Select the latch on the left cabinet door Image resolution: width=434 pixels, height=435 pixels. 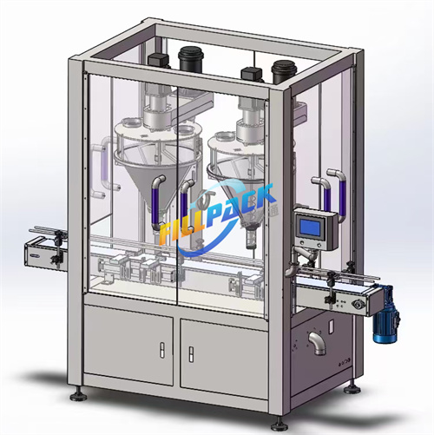click(x=162, y=350)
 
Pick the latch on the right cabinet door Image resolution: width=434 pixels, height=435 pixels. click(x=191, y=354)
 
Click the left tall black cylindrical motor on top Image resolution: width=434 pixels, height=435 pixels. click(x=189, y=59)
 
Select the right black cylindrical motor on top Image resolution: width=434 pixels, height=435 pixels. click(x=282, y=71)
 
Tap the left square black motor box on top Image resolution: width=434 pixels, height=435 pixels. click(x=158, y=62)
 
